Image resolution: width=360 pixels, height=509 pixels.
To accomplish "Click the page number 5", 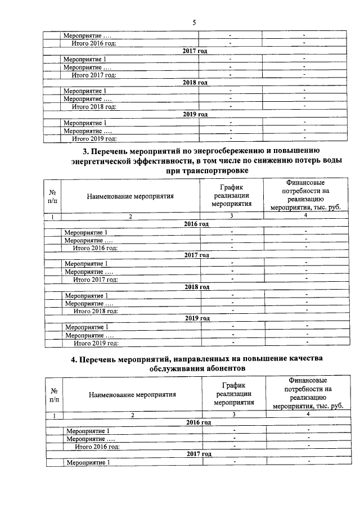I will (194, 23).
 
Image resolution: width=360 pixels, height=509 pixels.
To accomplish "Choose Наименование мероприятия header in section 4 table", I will (132, 394).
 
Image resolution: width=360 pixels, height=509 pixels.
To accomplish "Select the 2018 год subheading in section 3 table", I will (197, 287).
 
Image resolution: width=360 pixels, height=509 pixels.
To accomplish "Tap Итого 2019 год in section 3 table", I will (98, 343).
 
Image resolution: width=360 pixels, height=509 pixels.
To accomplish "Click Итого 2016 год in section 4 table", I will (98, 446).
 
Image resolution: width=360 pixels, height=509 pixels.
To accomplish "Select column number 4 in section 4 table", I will (308, 415).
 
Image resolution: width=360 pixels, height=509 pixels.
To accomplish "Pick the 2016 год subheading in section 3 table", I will (196, 224).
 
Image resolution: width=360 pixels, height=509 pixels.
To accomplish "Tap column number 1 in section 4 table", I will (55, 415).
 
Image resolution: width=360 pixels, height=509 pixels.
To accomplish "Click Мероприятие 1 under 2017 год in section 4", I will (88, 462).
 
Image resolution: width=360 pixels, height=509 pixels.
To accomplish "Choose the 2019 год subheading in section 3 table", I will (197, 318).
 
